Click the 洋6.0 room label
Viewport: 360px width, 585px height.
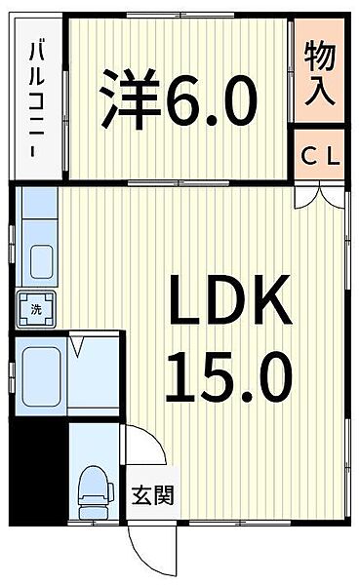[179, 98]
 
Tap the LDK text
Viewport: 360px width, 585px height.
[230, 299]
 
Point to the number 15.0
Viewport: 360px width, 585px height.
[228, 376]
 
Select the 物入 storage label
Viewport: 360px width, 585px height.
[319, 73]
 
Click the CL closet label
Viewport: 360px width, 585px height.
[321, 157]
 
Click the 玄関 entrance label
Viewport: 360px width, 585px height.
[153, 495]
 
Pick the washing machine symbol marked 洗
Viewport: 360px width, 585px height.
[36, 309]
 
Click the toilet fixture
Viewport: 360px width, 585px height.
[96, 492]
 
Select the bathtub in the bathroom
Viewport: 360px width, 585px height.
[41, 376]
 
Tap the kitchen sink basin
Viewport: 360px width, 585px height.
[41, 262]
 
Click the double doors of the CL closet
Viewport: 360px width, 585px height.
[319, 196]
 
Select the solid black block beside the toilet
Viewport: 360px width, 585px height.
[39, 472]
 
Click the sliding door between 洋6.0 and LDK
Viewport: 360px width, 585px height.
[178, 183]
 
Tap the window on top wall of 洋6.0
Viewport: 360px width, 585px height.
[180, 16]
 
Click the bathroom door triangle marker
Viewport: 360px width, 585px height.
[77, 346]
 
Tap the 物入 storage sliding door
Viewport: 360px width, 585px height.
[291, 71]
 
